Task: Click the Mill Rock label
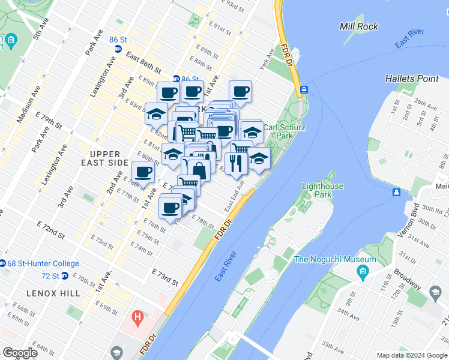point(359,26)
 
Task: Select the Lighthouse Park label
point(322,190)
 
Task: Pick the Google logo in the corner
point(20,353)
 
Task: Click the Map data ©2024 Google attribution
point(412,355)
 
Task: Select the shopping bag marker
point(199,170)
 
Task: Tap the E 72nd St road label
point(50,228)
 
